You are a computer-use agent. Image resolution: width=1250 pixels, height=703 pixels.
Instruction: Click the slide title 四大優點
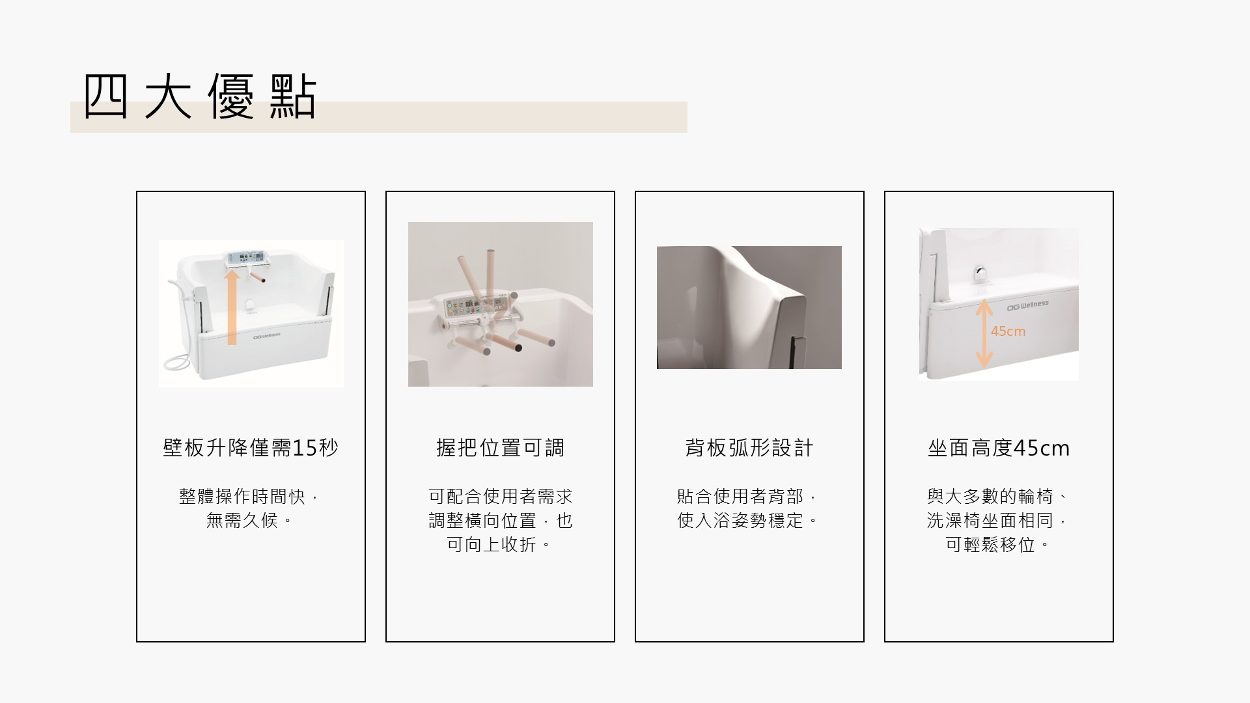click(200, 98)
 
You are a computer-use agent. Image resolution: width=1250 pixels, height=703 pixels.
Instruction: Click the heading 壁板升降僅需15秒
click(251, 448)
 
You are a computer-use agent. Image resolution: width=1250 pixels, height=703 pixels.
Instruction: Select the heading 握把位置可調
click(500, 448)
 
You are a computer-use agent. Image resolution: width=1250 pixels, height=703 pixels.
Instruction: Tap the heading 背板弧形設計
click(749, 448)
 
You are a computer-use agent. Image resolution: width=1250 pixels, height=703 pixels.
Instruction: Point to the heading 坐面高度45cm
click(999, 448)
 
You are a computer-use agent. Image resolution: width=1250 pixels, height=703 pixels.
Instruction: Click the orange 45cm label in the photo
click(1008, 331)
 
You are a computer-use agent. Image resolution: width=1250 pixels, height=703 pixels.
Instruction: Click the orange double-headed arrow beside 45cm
click(984, 333)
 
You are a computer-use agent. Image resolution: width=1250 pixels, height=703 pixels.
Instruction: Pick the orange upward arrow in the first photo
click(232, 307)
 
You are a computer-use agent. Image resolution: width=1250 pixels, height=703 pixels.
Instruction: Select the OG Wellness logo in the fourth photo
click(1028, 305)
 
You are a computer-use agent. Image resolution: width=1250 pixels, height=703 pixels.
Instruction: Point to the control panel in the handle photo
click(475, 306)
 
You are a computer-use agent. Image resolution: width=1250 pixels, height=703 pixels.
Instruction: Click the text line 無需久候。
click(251, 520)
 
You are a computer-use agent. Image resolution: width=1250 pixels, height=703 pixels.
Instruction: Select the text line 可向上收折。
click(500, 544)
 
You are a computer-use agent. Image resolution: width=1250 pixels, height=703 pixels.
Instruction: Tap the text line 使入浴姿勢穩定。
click(749, 520)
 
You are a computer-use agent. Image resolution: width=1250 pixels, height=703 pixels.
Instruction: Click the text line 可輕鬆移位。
click(999, 544)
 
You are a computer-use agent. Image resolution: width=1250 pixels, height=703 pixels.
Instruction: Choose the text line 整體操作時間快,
click(251, 496)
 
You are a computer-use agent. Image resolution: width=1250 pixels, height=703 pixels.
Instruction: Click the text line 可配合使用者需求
click(500, 496)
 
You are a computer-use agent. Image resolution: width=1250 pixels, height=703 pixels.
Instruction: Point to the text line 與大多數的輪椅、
click(999, 496)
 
